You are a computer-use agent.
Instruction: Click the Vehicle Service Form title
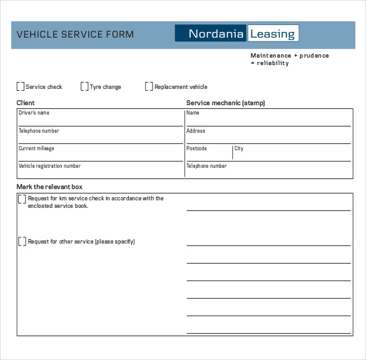75,34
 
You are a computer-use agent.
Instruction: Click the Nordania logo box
211,34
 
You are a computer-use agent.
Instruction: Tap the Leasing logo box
273,34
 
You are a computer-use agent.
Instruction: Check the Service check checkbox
21,87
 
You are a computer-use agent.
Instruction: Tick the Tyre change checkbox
84,87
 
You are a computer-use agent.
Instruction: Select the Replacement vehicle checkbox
149,87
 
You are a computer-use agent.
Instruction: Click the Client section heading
26,103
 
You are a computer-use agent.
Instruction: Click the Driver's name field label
34,113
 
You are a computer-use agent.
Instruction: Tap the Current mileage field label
36,148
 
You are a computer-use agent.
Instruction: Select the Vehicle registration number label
49,166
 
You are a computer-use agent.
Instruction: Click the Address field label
196,131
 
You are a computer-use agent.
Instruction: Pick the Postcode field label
196,148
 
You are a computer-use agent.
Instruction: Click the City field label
239,148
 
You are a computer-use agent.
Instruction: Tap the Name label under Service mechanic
193,113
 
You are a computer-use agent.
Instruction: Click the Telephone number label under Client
39,131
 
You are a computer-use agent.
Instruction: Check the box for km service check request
23,199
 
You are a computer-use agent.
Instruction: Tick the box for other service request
23,242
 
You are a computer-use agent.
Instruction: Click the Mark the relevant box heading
49,187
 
